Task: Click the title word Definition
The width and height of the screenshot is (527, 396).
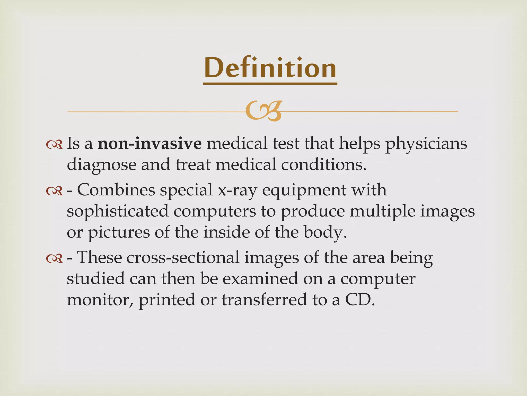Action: pyautogui.click(x=270, y=68)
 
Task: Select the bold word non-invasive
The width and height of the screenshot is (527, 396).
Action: pyautogui.click(x=150, y=144)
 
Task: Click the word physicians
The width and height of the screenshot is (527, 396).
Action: pyautogui.click(x=426, y=144)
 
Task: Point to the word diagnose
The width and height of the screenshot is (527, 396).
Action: pyautogui.click(x=101, y=165)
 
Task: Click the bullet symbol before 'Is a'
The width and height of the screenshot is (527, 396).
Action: pyautogui.click(x=54, y=145)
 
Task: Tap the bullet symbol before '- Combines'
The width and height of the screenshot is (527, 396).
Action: pyautogui.click(x=54, y=191)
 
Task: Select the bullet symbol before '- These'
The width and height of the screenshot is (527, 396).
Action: pyautogui.click(x=54, y=259)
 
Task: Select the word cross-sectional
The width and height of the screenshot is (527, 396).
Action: pyautogui.click(x=158, y=258)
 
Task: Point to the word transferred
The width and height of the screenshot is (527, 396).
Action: pyautogui.click(x=264, y=300)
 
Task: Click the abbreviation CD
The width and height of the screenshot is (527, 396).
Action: pyautogui.click(x=359, y=300)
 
